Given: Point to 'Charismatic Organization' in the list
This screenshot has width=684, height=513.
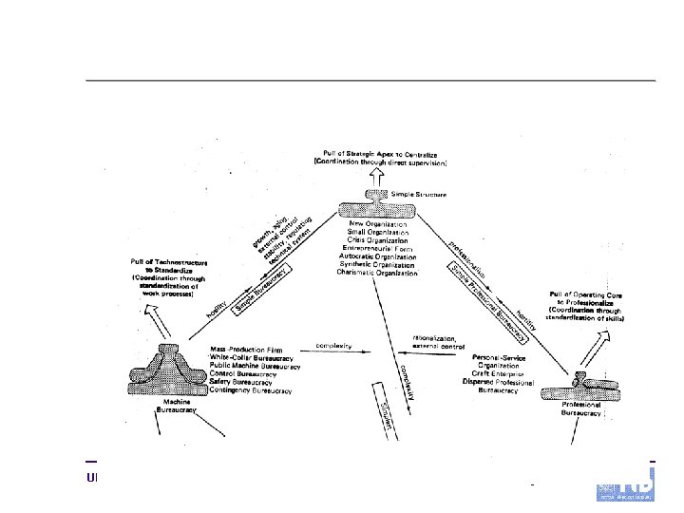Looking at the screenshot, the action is tap(377, 273).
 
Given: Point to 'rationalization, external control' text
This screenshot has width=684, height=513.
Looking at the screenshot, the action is tap(437, 341).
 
